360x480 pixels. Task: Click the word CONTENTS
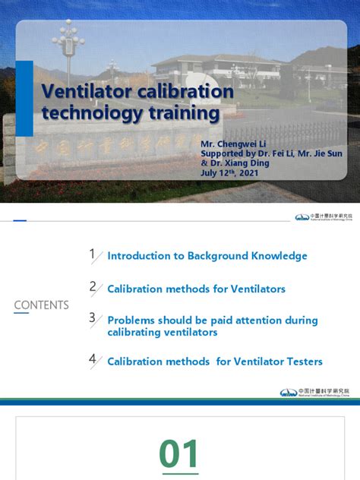click(41, 305)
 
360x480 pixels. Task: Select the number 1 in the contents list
click(92, 255)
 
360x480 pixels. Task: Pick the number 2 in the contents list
click(92, 287)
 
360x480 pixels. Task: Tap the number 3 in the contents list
click(92, 318)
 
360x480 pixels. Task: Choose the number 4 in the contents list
click(92, 359)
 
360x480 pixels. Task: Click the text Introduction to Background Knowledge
click(207, 257)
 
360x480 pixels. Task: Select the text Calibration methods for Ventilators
click(196, 289)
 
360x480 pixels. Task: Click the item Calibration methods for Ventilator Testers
click(215, 362)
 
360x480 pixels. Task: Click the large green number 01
click(179, 454)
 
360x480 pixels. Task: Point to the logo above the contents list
click(322, 217)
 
